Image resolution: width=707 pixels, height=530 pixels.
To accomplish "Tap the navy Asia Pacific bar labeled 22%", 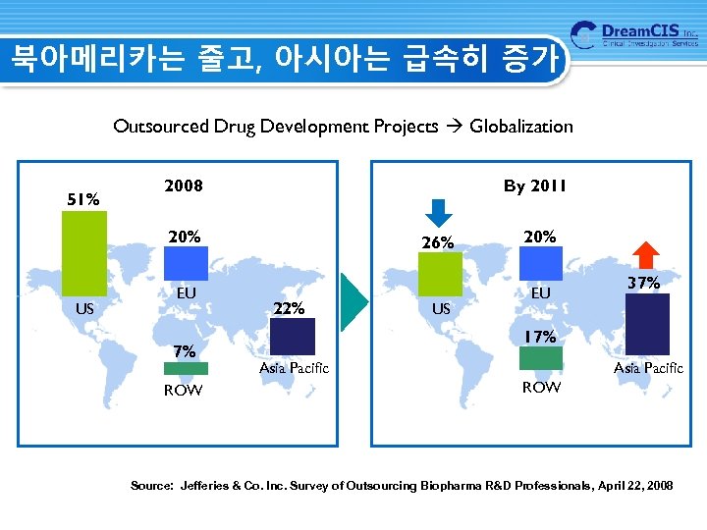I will (x=292, y=336).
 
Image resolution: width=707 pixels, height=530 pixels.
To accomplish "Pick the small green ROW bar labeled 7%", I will (x=186, y=369).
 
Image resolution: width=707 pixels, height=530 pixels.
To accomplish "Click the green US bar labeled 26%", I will (x=442, y=275).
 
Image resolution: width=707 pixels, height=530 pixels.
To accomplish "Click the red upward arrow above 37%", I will (x=645, y=255).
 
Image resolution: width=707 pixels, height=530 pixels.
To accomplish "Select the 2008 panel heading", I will (x=184, y=185).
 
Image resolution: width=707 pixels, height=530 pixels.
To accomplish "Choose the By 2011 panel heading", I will (x=534, y=185).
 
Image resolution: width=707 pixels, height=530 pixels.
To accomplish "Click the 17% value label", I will (x=539, y=337).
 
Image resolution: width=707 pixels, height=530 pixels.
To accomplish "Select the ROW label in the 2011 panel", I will (x=540, y=388).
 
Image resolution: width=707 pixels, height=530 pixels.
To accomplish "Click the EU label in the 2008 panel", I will (x=186, y=292).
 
